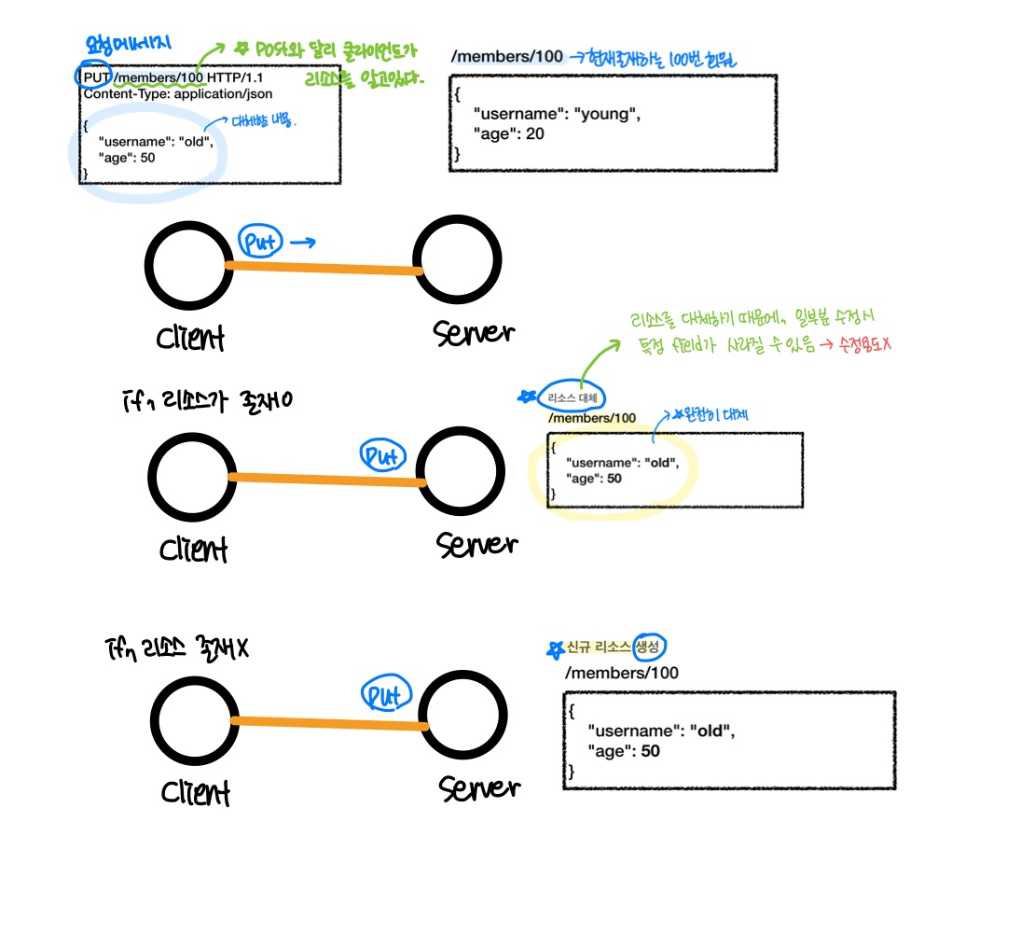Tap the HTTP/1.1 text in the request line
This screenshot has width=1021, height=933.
pos(235,77)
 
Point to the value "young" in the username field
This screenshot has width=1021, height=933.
pos(607,115)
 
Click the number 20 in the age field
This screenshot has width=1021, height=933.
pos(534,133)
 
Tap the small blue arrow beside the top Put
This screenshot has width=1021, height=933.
pos(301,244)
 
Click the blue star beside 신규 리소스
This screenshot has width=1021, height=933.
pos(557,648)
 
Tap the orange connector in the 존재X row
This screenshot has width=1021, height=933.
pos(329,723)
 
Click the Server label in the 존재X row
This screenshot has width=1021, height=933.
pos(478,788)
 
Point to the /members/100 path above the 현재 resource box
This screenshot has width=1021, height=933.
pos(506,57)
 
